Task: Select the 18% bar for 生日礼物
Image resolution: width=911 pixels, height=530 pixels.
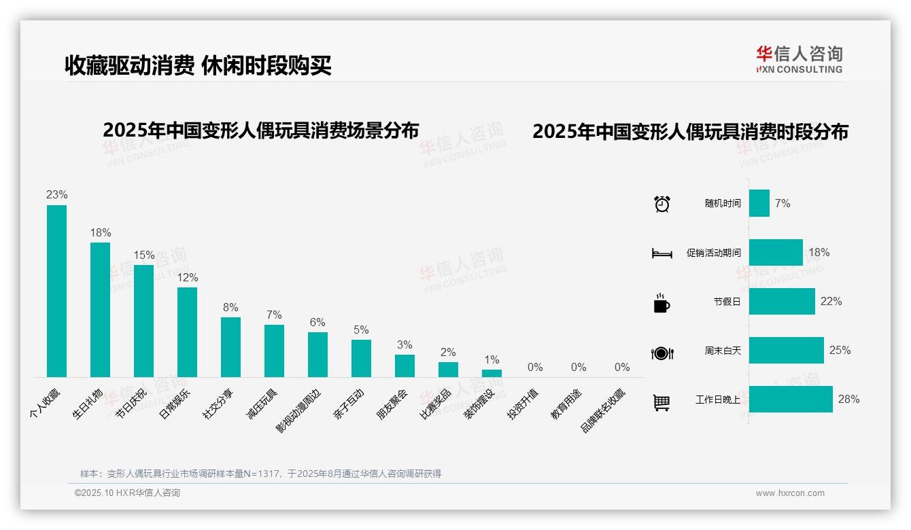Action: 100,310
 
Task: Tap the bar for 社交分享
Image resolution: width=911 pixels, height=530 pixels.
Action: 230,347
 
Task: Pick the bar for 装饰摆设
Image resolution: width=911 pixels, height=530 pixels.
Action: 492,373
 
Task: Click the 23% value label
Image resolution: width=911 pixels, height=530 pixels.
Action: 56,195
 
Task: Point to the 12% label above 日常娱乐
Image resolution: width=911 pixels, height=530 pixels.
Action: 187,277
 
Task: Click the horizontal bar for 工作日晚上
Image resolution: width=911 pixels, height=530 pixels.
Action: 791,400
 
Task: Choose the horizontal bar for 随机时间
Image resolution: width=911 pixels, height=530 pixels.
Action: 759,203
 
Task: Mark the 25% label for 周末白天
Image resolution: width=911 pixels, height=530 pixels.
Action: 840,351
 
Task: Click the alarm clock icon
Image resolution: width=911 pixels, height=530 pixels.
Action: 661,204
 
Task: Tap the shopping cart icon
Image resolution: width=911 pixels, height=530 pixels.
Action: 661,402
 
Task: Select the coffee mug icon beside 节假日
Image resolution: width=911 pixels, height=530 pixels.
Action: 661,303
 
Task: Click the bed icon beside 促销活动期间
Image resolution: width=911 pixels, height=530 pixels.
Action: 661,253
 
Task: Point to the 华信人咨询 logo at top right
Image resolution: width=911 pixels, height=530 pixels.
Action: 799,59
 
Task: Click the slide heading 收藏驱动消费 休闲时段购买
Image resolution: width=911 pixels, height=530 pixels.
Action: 198,65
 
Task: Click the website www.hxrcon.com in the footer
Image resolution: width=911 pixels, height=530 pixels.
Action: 790,493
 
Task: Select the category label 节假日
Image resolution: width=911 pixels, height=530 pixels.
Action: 727,302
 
